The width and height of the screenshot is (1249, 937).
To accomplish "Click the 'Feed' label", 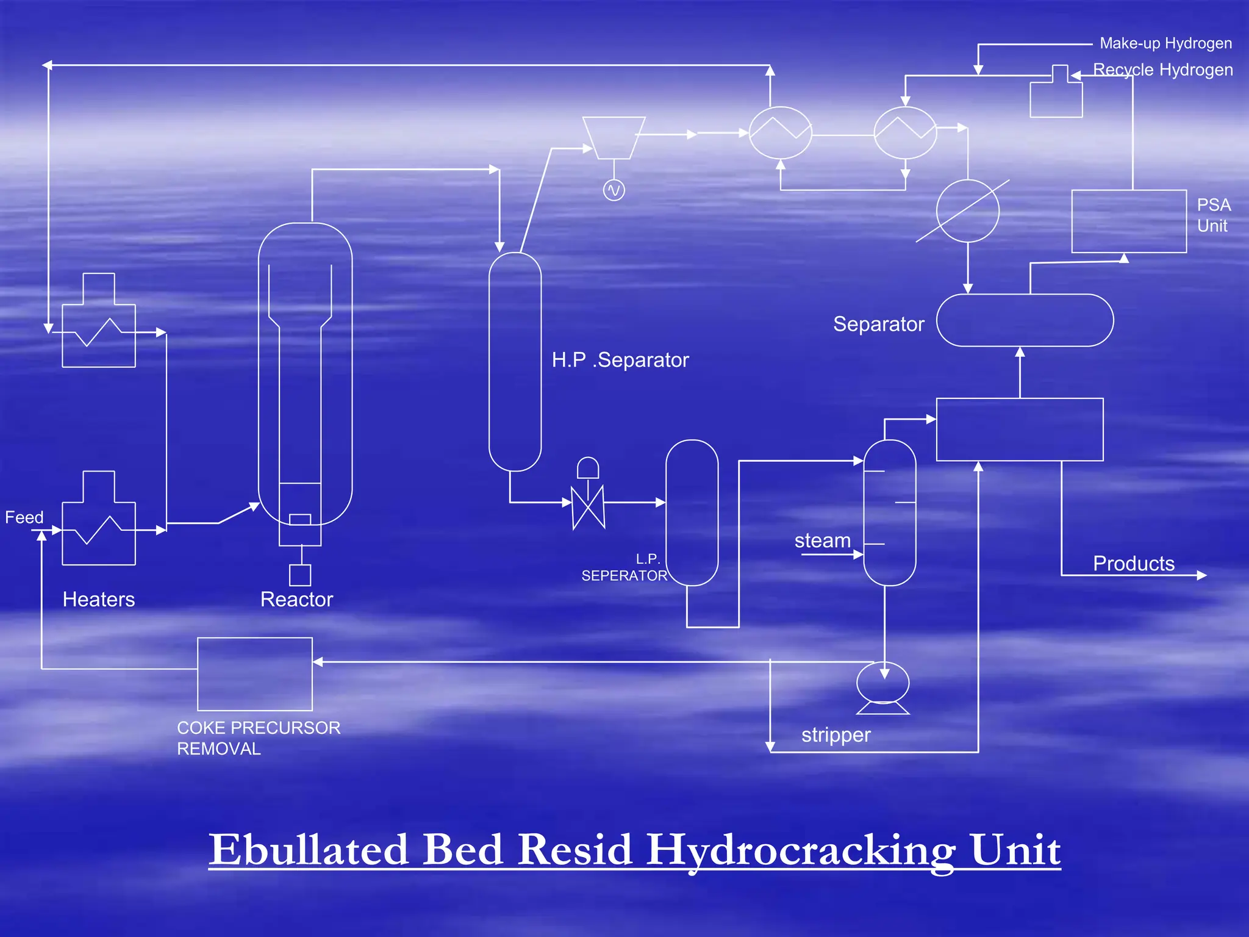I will (x=24, y=517).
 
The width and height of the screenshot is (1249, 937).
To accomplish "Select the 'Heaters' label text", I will (x=99, y=599).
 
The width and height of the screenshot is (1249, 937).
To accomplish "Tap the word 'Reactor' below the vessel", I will (x=296, y=599).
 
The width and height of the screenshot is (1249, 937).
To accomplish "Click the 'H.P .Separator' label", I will (x=620, y=360).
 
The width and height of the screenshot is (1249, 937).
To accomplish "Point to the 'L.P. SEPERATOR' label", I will (x=624, y=568).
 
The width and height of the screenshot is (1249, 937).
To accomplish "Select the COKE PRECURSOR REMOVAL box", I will (x=255, y=673).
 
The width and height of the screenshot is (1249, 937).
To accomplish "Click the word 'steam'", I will (x=822, y=540).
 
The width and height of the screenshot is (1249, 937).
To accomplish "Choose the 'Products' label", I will (x=1133, y=564).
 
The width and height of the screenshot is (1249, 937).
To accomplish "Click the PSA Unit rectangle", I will (x=1128, y=221).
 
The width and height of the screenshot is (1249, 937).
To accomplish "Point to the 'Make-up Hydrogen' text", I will (x=1165, y=43).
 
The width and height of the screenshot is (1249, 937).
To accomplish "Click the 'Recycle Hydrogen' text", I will (x=1162, y=70).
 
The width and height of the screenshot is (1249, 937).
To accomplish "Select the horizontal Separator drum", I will (x=1025, y=320).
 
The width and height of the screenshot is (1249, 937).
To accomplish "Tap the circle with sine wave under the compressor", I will (x=614, y=190).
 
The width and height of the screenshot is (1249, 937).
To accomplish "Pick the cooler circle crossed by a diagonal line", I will (x=967, y=211).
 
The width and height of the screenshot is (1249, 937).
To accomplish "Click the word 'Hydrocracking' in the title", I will (x=800, y=850).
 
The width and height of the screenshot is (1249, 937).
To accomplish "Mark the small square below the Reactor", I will (x=299, y=575).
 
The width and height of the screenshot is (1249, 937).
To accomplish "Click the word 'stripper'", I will (x=836, y=735).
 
